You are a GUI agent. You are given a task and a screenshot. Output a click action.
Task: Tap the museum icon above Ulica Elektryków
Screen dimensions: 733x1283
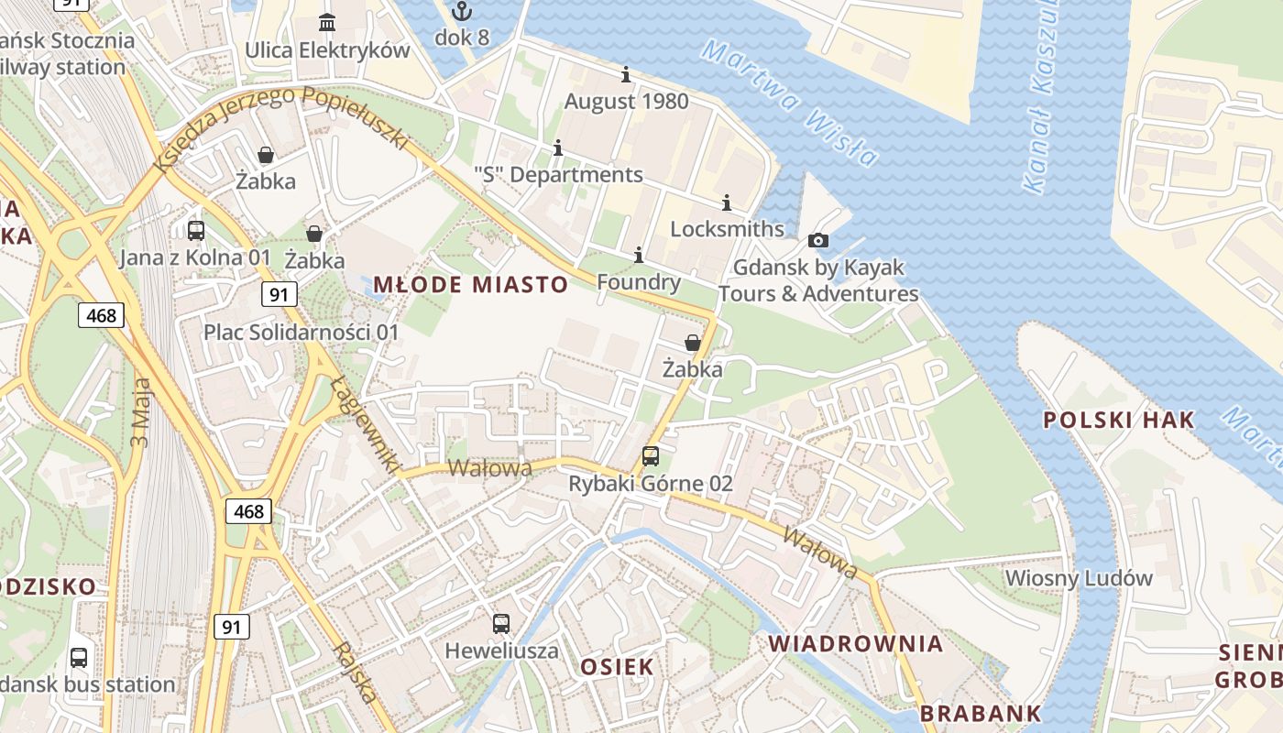pyautogui.click(x=327, y=22)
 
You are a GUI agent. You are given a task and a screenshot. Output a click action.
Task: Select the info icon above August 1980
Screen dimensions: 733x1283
pyautogui.click(x=626, y=74)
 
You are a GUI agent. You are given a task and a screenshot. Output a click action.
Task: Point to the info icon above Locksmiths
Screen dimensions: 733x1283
pyautogui.click(x=727, y=202)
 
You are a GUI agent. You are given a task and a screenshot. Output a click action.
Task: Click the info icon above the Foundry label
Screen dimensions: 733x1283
pyautogui.click(x=639, y=255)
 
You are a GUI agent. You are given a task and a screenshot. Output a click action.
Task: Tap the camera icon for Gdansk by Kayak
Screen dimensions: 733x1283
pyautogui.click(x=817, y=241)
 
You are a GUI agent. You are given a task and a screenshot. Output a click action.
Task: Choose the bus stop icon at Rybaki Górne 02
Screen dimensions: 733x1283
pyautogui.click(x=651, y=455)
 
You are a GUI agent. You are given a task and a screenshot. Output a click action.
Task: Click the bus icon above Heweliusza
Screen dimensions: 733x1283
pyautogui.click(x=501, y=624)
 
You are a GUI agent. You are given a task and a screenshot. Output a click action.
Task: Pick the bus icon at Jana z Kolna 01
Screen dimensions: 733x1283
pyautogui.click(x=195, y=230)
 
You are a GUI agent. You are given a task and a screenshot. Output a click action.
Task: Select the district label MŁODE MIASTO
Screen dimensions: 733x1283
pyautogui.click(x=471, y=284)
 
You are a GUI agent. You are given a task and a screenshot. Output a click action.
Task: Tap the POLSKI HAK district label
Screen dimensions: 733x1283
pyautogui.click(x=1119, y=420)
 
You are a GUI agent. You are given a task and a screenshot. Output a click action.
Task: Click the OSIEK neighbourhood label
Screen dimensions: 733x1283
pyautogui.click(x=618, y=666)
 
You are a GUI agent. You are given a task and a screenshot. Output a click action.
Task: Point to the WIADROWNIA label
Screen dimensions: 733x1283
pyautogui.click(x=856, y=643)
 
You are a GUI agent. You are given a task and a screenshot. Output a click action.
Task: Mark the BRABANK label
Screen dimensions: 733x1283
pyautogui.click(x=981, y=713)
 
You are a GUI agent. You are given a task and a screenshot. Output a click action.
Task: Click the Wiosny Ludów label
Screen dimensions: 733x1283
pyautogui.click(x=1079, y=578)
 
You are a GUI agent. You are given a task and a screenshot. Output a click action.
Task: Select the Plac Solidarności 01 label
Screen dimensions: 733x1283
pyautogui.click(x=302, y=332)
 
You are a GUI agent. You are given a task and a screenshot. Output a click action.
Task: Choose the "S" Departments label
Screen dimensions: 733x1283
pyautogui.click(x=558, y=174)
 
